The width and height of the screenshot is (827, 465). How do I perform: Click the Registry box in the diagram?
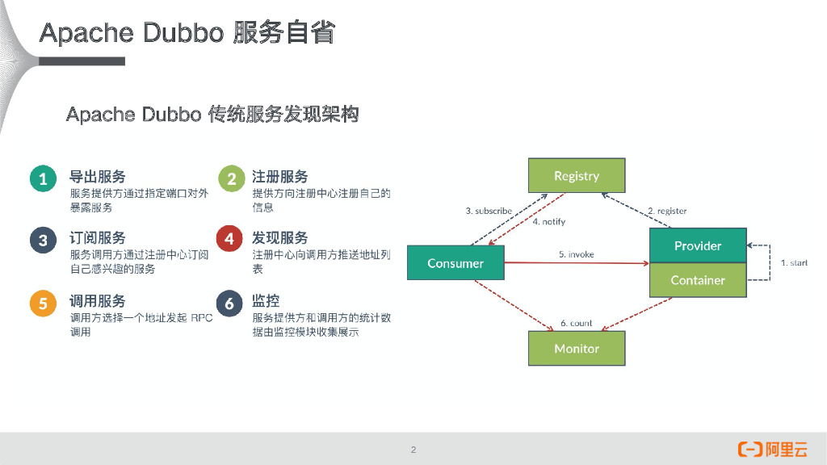click(576, 176)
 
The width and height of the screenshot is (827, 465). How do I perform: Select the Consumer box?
click(455, 263)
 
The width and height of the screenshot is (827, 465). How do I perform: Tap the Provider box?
click(698, 246)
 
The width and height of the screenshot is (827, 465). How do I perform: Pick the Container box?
click(698, 280)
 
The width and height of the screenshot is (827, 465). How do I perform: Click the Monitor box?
click(576, 349)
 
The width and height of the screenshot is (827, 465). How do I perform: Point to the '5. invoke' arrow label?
click(576, 254)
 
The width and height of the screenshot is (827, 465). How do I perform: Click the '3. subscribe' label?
click(489, 211)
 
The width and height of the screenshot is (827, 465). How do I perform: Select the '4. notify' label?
click(549, 222)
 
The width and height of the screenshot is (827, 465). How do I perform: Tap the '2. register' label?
click(667, 211)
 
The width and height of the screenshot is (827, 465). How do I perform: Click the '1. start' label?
click(793, 263)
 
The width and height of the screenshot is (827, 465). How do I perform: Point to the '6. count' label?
click(576, 323)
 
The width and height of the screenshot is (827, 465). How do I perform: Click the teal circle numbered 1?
click(43, 178)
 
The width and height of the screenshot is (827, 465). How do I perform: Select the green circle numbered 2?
click(231, 178)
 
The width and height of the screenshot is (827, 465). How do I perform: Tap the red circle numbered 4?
click(230, 240)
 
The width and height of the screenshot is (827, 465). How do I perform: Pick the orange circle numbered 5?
click(43, 304)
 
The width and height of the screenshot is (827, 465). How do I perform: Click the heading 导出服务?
click(98, 176)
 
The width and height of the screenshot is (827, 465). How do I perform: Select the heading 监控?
click(266, 301)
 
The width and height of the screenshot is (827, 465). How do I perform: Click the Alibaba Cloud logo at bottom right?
click(773, 450)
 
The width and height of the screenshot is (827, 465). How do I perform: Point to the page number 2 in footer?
click(413, 450)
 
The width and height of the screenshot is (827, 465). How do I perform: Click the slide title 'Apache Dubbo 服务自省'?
click(187, 34)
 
